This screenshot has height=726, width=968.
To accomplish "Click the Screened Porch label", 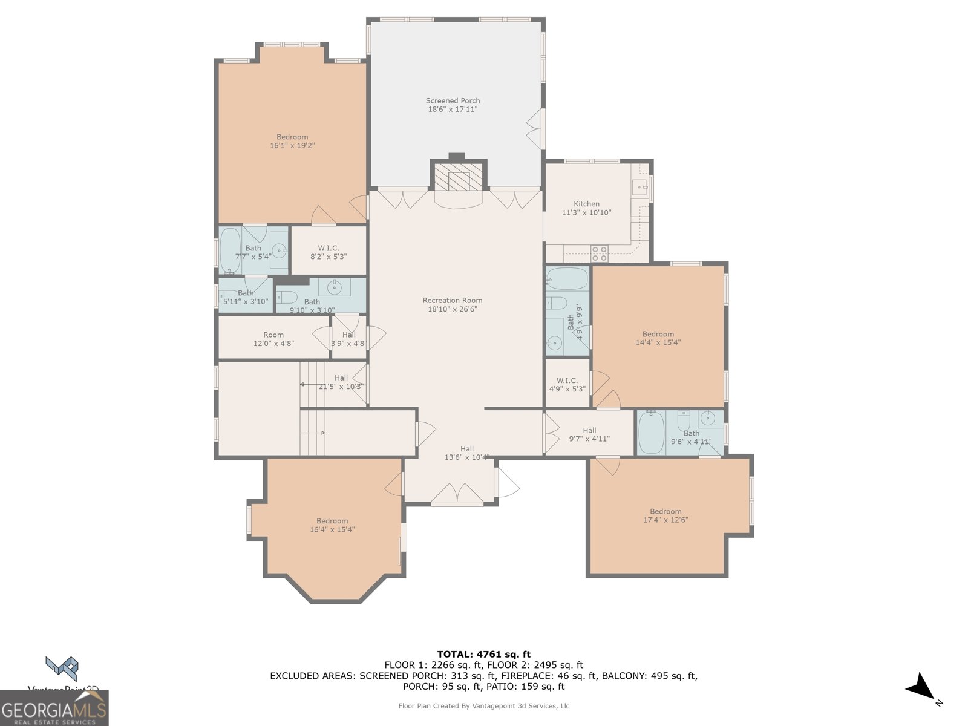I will tap(453, 105).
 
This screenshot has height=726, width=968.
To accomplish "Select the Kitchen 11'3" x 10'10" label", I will tap(586, 208).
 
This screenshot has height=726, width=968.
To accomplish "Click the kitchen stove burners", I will tap(600, 253).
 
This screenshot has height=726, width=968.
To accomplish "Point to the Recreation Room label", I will tap(453, 304).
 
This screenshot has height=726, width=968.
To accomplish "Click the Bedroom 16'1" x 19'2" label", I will tap(292, 141).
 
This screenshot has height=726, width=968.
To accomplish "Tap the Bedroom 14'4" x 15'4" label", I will tap(658, 338).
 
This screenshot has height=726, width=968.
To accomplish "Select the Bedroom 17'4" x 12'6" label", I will tap(665, 515).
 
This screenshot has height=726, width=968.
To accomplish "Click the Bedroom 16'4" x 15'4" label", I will tap(332, 525).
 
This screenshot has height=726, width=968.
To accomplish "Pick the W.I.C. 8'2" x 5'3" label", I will tap(328, 252).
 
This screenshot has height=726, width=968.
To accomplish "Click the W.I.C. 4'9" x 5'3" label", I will tap(567, 385).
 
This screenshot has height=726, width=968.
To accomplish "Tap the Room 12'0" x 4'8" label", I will tap(273, 339).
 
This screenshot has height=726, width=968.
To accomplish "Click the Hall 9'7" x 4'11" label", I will tap(589, 434).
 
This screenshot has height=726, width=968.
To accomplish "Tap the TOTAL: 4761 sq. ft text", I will tap(483, 654).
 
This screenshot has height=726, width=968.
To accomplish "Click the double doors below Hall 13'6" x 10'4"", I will tap(457, 494).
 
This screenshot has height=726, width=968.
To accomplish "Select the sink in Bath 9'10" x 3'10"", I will tap(335, 286).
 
